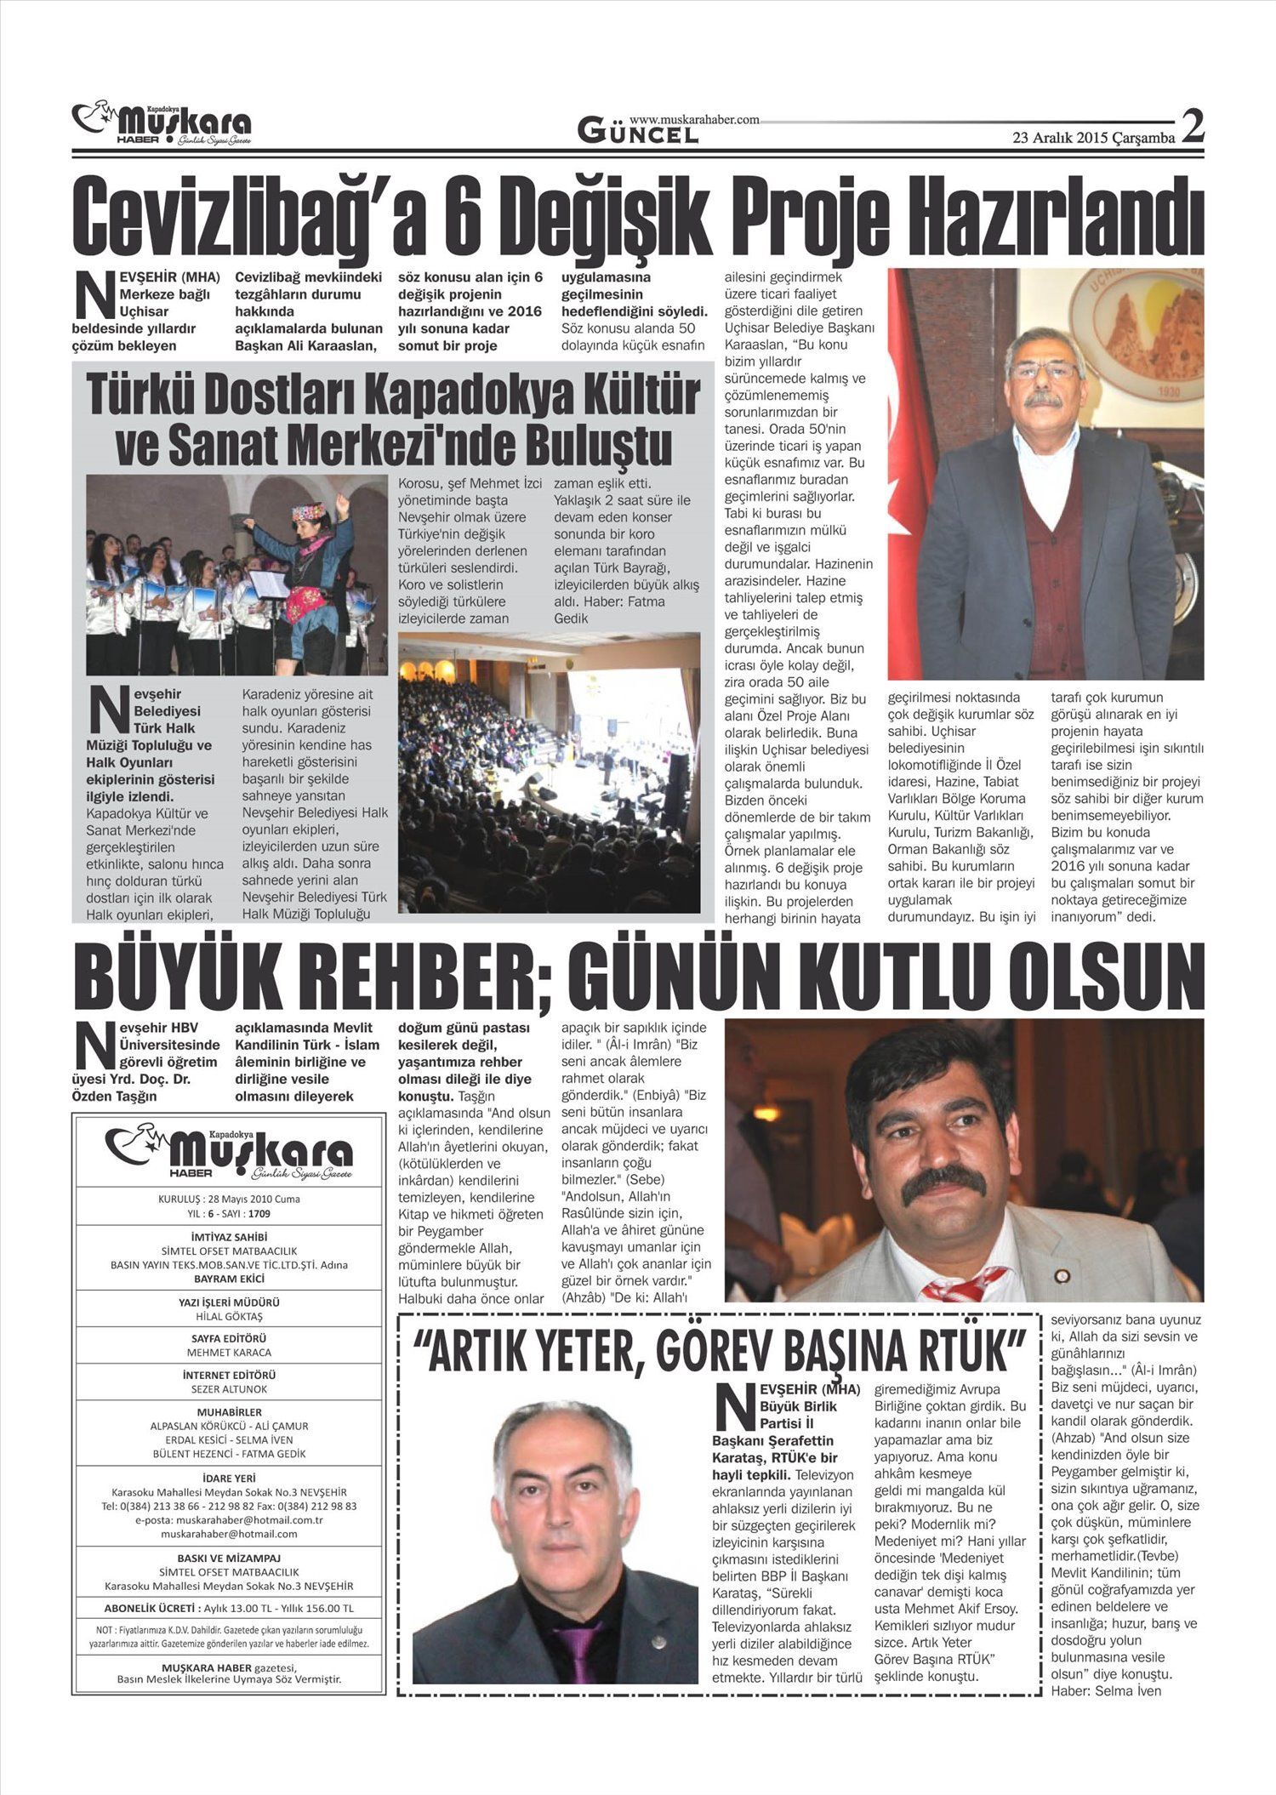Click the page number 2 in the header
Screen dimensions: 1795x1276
1193,128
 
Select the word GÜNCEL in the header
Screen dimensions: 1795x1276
638,132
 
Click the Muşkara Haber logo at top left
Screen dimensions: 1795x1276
162,124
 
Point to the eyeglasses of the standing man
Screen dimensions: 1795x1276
1044,371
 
